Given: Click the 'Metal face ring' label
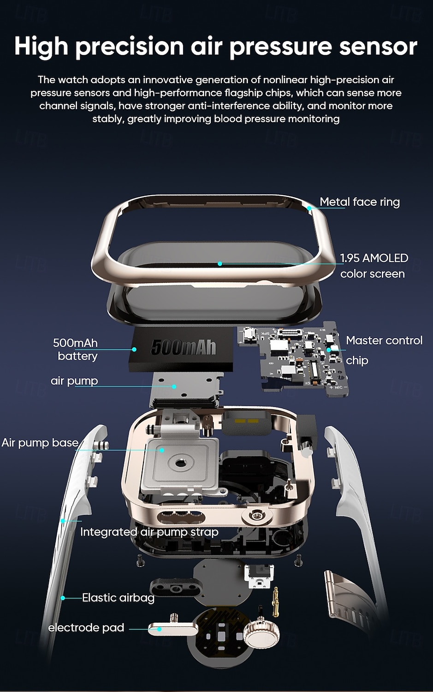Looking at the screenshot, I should pyautogui.click(x=359, y=202).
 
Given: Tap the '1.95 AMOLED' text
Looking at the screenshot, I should pyautogui.click(x=374, y=258).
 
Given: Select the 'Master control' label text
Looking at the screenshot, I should pyautogui.click(x=384, y=340).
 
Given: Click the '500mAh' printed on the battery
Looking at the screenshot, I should pyautogui.click(x=184, y=347).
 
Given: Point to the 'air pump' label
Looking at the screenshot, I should pyautogui.click(x=74, y=381).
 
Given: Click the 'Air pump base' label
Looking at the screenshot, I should pyautogui.click(x=40, y=443).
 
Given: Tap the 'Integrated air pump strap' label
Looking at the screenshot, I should pyautogui.click(x=149, y=532).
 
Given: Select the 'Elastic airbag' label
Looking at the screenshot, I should pyautogui.click(x=118, y=598).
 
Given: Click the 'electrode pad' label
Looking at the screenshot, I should pyautogui.click(x=86, y=628).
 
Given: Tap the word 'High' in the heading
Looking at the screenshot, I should pyautogui.click(x=41, y=47).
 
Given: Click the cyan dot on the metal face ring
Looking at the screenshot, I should pyautogui.click(x=309, y=208).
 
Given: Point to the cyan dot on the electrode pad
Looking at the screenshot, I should pyautogui.click(x=160, y=629).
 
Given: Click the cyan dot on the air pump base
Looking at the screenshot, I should pyautogui.click(x=162, y=450).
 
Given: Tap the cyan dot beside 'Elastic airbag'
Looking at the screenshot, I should pyautogui.click(x=63, y=598).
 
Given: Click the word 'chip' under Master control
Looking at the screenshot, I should pyautogui.click(x=357, y=361).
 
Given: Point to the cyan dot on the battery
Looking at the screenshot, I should pyautogui.click(x=134, y=350).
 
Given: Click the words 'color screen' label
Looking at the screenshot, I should pyautogui.click(x=372, y=274).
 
